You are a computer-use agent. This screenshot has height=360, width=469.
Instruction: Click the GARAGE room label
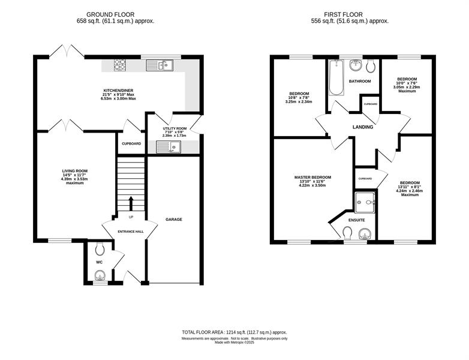point(174,220)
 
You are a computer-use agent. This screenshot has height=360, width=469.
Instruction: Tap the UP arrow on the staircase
point(131,204)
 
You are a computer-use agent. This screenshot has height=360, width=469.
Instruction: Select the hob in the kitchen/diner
point(120,65)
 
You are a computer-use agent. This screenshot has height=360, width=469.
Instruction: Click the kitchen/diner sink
point(160,65)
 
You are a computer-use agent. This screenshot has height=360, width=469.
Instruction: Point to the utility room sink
point(169,146)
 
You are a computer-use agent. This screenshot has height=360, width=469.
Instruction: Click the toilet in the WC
point(100,248)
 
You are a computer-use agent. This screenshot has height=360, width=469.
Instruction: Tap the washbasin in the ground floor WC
point(100,275)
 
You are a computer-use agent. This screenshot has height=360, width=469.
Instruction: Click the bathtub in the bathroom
point(336,77)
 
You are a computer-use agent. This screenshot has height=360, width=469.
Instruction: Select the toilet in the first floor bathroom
point(370,66)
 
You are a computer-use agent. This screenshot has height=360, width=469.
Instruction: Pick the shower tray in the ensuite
point(365,202)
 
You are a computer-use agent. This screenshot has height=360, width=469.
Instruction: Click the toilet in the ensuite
point(347,233)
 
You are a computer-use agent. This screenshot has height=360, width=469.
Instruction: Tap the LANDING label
point(363,127)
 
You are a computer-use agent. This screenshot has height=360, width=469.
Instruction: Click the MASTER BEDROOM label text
point(312,178)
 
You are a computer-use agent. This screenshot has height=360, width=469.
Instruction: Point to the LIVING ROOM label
point(75,171)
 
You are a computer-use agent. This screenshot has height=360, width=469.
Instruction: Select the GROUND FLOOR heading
point(110,14)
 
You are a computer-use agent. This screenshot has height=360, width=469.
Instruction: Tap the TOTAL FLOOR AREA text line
point(235,332)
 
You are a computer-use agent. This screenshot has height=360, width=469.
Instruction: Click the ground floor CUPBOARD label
point(131,143)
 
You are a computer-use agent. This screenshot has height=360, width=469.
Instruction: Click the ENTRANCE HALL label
point(130,232)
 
